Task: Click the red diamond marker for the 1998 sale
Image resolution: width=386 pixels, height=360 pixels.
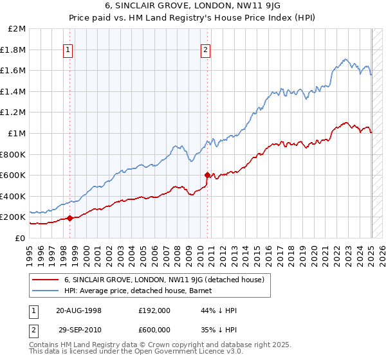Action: pyautogui.click(x=69, y=218)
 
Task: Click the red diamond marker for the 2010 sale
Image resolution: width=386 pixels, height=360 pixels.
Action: pyautogui.click(x=207, y=175)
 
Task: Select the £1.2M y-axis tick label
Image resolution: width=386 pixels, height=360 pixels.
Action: pyautogui.click(x=14, y=113)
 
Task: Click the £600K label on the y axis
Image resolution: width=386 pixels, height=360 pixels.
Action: pyautogui.click(x=14, y=175)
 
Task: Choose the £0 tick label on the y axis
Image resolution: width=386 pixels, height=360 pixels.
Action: pyautogui.click(x=20, y=238)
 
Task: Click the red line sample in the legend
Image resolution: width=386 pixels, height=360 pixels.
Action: pyautogui.click(x=45, y=280)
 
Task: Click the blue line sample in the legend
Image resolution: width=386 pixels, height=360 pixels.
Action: pyautogui.click(x=45, y=291)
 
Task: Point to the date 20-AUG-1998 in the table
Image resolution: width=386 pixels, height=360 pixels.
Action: pyautogui.click(x=78, y=310)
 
